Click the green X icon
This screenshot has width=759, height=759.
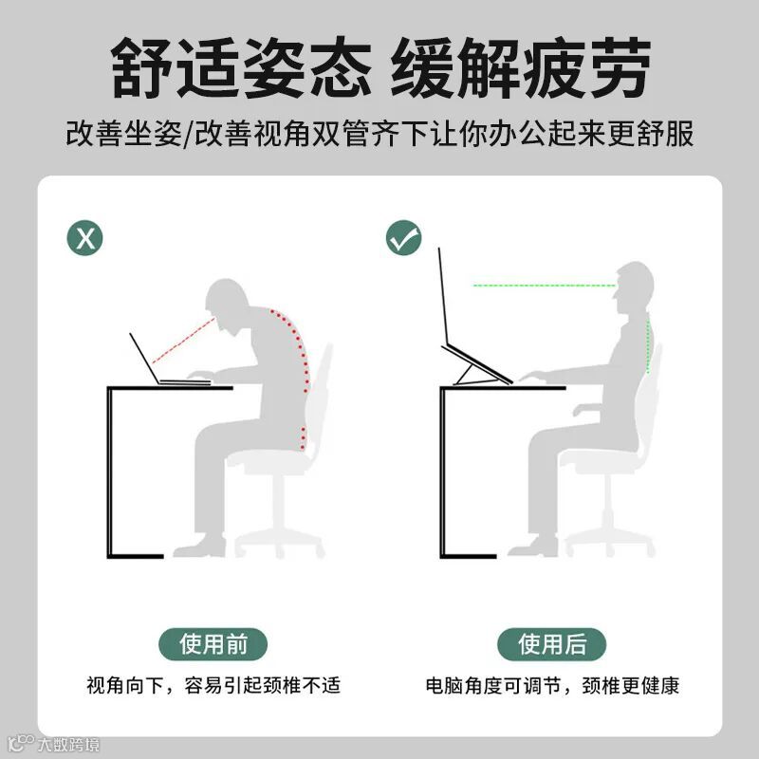coord(84,238)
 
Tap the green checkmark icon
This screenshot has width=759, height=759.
coord(404,238)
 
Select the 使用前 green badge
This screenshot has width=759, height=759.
coord(213,644)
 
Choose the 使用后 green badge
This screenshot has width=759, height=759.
coord(552,644)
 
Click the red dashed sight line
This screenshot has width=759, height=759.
coord(184,341)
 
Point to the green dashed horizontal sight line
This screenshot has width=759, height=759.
coord(545,286)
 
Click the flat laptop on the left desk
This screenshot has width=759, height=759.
coord(164,368)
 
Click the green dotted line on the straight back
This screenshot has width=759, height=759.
coord(648,343)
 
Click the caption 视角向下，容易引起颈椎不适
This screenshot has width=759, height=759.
coord(213,685)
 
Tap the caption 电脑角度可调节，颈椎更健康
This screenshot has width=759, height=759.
coord(552,685)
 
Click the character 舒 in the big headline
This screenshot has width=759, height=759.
coord(142,67)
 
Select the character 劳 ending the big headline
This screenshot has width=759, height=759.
coord(619,67)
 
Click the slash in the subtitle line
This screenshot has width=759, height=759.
coord(188,134)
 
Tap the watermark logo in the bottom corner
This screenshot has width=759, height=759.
coord(54,744)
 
